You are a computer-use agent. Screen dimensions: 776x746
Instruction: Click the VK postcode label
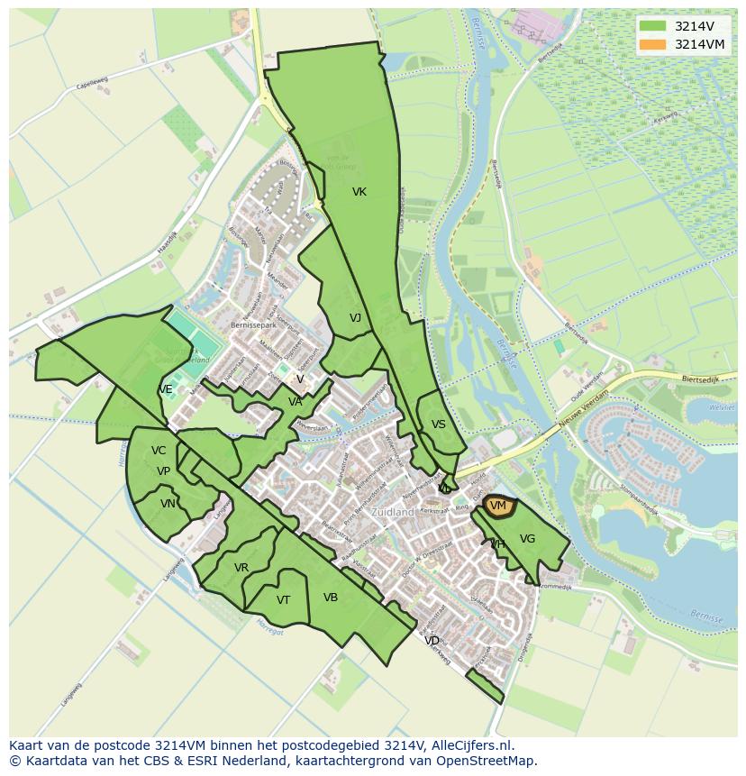coord(359,192)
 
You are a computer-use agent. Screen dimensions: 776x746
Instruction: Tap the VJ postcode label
coord(355,317)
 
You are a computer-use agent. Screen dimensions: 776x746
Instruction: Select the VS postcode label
coord(439,425)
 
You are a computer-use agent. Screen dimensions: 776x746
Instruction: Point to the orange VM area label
coord(498,507)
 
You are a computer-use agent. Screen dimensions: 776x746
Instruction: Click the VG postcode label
coord(528,539)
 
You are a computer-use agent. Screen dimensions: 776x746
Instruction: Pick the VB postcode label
coord(331,598)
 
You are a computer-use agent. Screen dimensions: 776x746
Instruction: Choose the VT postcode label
coord(283,600)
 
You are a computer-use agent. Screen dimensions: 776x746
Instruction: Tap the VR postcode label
coord(241,568)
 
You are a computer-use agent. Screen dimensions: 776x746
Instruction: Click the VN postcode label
coord(168,504)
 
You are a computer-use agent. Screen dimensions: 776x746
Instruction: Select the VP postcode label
coord(163,471)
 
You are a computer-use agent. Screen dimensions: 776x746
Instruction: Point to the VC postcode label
coord(159,451)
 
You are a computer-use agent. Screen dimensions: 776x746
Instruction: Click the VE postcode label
coord(166,389)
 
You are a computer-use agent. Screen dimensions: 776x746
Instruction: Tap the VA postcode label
coord(296,402)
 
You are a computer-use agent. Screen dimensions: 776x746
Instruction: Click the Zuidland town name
coord(393,512)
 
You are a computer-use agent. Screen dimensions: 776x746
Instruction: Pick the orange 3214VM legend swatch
coord(652,44)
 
